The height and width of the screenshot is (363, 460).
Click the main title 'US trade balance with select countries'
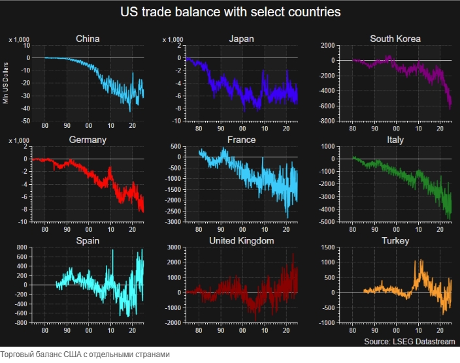pyautogui.click(x=231, y=12)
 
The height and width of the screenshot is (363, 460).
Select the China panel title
pyautogui.click(x=88, y=39)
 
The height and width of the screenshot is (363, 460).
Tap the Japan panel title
pyautogui.click(x=241, y=39)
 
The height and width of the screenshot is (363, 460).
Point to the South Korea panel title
pyautogui.click(x=395, y=39)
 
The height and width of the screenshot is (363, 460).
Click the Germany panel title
pyautogui.click(x=88, y=140)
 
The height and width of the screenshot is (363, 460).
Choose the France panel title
pyautogui.click(x=242, y=140)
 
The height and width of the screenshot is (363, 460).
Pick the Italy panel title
pyautogui.click(x=395, y=140)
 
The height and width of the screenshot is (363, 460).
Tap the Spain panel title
pyautogui.click(x=88, y=241)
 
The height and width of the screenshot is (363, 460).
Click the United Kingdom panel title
pyautogui.click(x=241, y=241)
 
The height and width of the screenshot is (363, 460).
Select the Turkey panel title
pyautogui.click(x=395, y=241)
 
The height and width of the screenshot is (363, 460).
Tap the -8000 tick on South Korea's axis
pyautogui.click(x=327, y=121)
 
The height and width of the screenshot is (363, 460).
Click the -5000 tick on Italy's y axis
pyautogui.click(x=327, y=223)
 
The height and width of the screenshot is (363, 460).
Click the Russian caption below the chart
pyautogui.click(x=85, y=355)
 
